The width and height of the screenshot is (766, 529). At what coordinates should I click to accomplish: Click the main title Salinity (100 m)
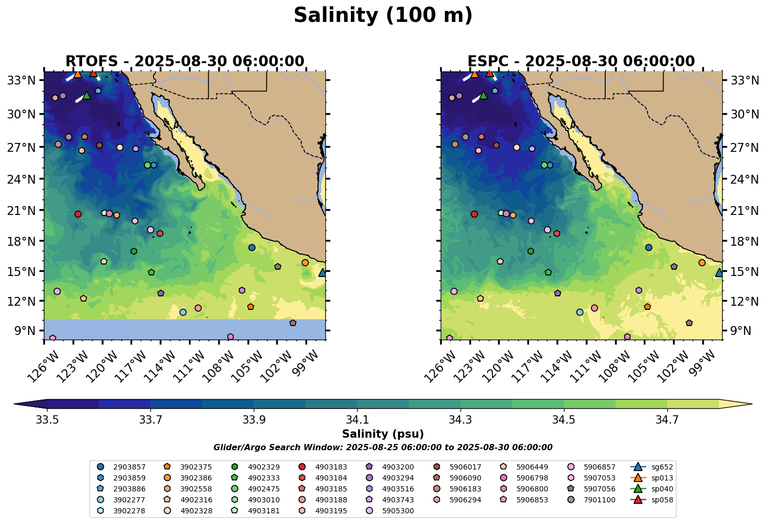click(x=383, y=16)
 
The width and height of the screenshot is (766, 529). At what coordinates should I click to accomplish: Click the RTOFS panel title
click(x=184, y=62)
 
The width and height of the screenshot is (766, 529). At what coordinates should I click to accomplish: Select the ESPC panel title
click(x=581, y=62)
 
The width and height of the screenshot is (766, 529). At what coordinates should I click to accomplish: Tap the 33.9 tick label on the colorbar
click(x=253, y=419)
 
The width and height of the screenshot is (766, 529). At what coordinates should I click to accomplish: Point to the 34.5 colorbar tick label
click(x=563, y=419)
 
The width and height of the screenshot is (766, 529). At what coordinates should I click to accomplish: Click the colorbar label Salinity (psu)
click(x=383, y=434)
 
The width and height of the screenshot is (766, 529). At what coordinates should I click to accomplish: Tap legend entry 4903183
click(x=325, y=467)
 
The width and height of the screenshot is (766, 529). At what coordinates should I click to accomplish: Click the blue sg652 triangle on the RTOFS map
click(x=323, y=272)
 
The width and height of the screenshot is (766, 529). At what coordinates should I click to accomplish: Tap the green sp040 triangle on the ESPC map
click(x=484, y=95)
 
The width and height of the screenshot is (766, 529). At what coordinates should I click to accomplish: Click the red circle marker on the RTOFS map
click(x=78, y=214)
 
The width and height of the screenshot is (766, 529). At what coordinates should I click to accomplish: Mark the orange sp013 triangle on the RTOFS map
click(x=78, y=74)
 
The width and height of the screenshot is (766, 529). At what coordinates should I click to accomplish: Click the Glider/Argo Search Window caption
click(x=383, y=448)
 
